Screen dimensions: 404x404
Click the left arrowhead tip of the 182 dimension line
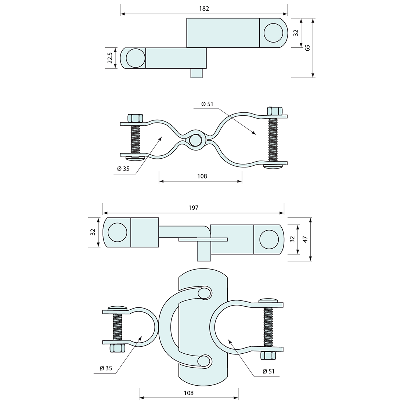click(x=120, y=14)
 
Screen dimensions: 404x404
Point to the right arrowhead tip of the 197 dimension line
click(x=284, y=213)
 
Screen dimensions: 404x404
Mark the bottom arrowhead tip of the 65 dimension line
click(x=313, y=77)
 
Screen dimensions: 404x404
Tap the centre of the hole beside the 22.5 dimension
click(x=136, y=58)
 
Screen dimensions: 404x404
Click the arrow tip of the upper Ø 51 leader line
click(x=256, y=134)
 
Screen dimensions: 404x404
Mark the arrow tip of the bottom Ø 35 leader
click(x=142, y=336)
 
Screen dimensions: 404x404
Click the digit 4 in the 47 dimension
click(x=306, y=241)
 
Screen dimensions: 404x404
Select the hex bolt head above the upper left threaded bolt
click(x=135, y=118)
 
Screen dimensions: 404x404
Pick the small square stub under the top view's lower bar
click(x=196, y=73)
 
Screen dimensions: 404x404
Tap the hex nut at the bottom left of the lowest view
click(x=117, y=348)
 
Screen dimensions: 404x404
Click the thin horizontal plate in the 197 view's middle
click(x=203, y=239)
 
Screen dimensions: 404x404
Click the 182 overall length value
click(x=204, y=8)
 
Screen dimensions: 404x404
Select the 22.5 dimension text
click(x=110, y=58)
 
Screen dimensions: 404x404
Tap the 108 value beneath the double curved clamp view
click(x=202, y=176)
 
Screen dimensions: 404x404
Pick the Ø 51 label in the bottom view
click(x=269, y=371)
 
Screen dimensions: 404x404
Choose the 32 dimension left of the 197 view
click(x=93, y=232)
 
